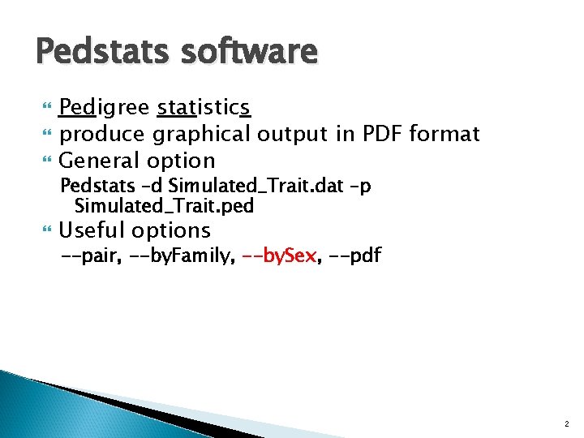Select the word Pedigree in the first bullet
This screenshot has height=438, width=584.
[x=105, y=108]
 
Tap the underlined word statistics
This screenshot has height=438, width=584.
[x=204, y=108]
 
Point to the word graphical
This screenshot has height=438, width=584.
[x=203, y=134]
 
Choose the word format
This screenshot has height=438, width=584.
[x=444, y=133]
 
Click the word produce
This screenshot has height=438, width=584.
[x=104, y=134]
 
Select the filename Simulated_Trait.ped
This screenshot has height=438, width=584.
[x=164, y=206]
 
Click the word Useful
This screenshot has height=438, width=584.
[x=92, y=230]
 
